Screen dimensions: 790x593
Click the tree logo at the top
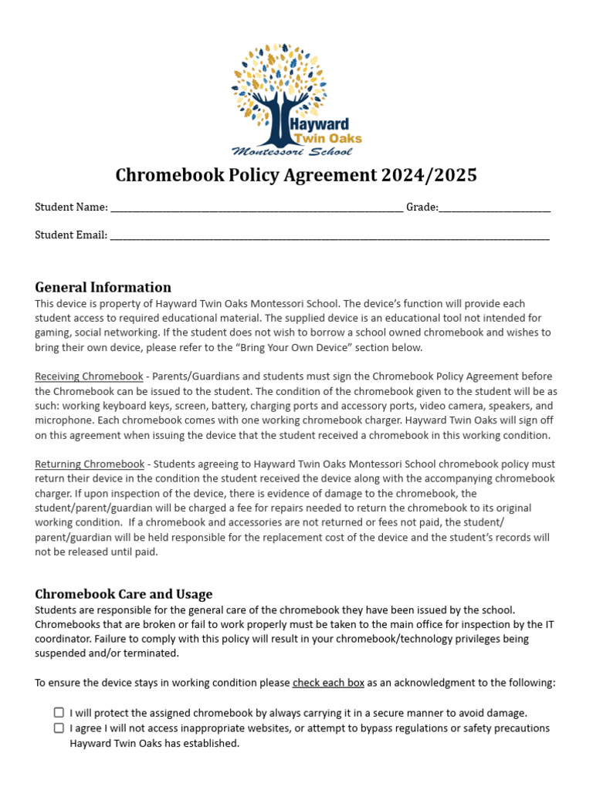(280, 89)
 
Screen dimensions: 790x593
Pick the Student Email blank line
(330, 235)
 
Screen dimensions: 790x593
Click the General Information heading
(103, 287)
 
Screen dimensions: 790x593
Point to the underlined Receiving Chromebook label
(89, 376)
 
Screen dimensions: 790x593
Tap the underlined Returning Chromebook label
(90, 464)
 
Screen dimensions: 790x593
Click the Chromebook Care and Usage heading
(124, 594)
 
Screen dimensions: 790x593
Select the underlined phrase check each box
(328, 683)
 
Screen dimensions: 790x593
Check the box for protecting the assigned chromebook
(59, 713)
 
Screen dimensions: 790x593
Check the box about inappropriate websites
(59, 728)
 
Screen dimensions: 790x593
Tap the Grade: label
(422, 208)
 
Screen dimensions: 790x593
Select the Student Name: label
(71, 208)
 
